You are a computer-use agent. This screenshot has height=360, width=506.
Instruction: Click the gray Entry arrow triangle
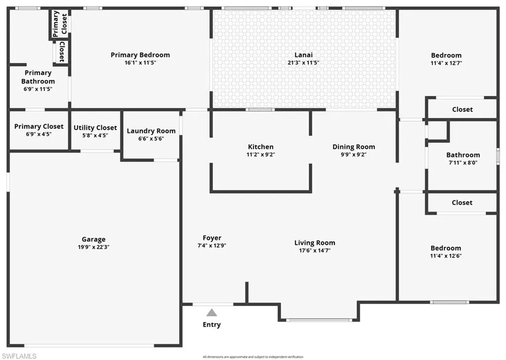(211, 313)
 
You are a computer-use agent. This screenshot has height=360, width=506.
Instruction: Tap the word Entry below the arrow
(211, 324)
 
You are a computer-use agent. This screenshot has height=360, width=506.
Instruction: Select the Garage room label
(93, 239)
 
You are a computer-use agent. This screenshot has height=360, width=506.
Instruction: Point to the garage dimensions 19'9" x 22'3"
(93, 247)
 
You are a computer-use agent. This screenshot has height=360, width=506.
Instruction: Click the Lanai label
(304, 55)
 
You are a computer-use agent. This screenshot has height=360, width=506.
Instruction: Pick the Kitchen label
(261, 146)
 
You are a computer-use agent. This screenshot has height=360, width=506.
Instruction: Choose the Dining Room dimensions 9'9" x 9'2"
(354, 154)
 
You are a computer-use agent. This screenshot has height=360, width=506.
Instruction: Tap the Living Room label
(315, 243)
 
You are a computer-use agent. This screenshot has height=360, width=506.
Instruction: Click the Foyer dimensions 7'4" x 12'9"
(212, 245)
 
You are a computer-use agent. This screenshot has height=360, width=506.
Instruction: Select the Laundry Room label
(151, 131)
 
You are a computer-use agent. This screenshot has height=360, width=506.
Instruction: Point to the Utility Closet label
(95, 128)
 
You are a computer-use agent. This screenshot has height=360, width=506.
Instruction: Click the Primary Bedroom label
(140, 55)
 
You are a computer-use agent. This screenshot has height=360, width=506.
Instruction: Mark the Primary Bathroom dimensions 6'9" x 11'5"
(38, 89)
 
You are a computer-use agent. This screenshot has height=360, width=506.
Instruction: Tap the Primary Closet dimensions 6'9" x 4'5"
(39, 134)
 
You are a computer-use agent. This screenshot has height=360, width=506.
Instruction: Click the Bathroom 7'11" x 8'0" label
(463, 155)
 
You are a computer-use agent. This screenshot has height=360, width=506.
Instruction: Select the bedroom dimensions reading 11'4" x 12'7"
(446, 63)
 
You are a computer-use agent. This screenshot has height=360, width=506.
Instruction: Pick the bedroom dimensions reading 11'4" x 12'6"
(446, 256)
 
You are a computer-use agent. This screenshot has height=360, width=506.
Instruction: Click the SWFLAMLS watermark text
(18, 356)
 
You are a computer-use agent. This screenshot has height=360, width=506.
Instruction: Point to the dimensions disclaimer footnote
(253, 357)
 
